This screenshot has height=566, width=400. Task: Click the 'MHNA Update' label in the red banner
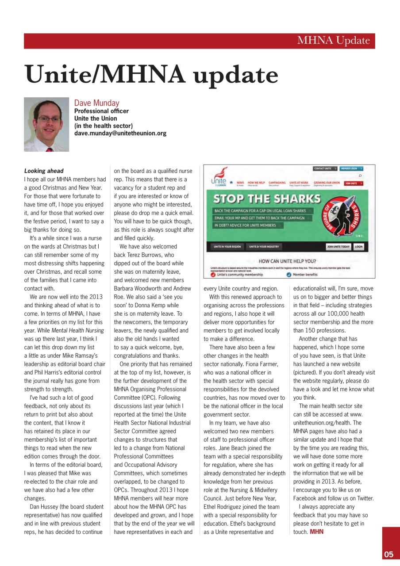point(333,41)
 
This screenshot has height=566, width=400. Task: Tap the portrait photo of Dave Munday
point(46,125)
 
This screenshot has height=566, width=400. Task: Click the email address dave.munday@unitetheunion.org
point(120,133)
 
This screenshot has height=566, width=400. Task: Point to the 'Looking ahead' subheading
point(44,171)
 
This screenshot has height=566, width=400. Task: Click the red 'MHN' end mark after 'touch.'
point(317,532)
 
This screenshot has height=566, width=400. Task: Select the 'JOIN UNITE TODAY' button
point(338,247)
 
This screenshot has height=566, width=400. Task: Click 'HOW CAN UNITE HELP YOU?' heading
point(287,261)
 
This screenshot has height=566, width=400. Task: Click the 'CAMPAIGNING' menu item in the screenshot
point(277,182)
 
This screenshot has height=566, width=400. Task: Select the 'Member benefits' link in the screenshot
point(305,275)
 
